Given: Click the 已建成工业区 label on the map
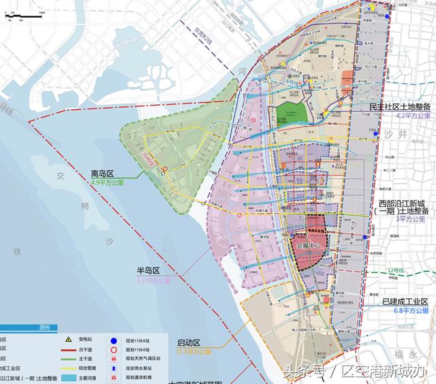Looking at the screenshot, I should pos(405,301).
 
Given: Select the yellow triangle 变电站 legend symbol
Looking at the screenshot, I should pos(68,339).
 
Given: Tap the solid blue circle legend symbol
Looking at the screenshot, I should pos(112,339).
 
